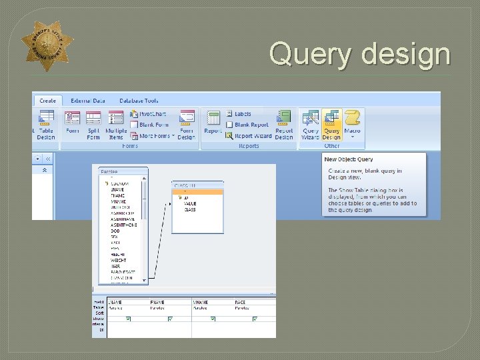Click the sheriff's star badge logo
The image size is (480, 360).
pos(47,46)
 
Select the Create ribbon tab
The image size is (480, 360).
pos(47,101)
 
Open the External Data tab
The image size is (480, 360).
pos(88,101)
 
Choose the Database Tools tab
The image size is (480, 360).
pos(139,101)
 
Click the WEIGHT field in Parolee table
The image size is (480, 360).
pos(120,259)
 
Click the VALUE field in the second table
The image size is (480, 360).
pos(191,204)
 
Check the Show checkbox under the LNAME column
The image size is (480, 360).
pos(128,319)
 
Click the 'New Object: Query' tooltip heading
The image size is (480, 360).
pos(349,159)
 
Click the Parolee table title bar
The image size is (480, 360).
pos(122,171)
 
